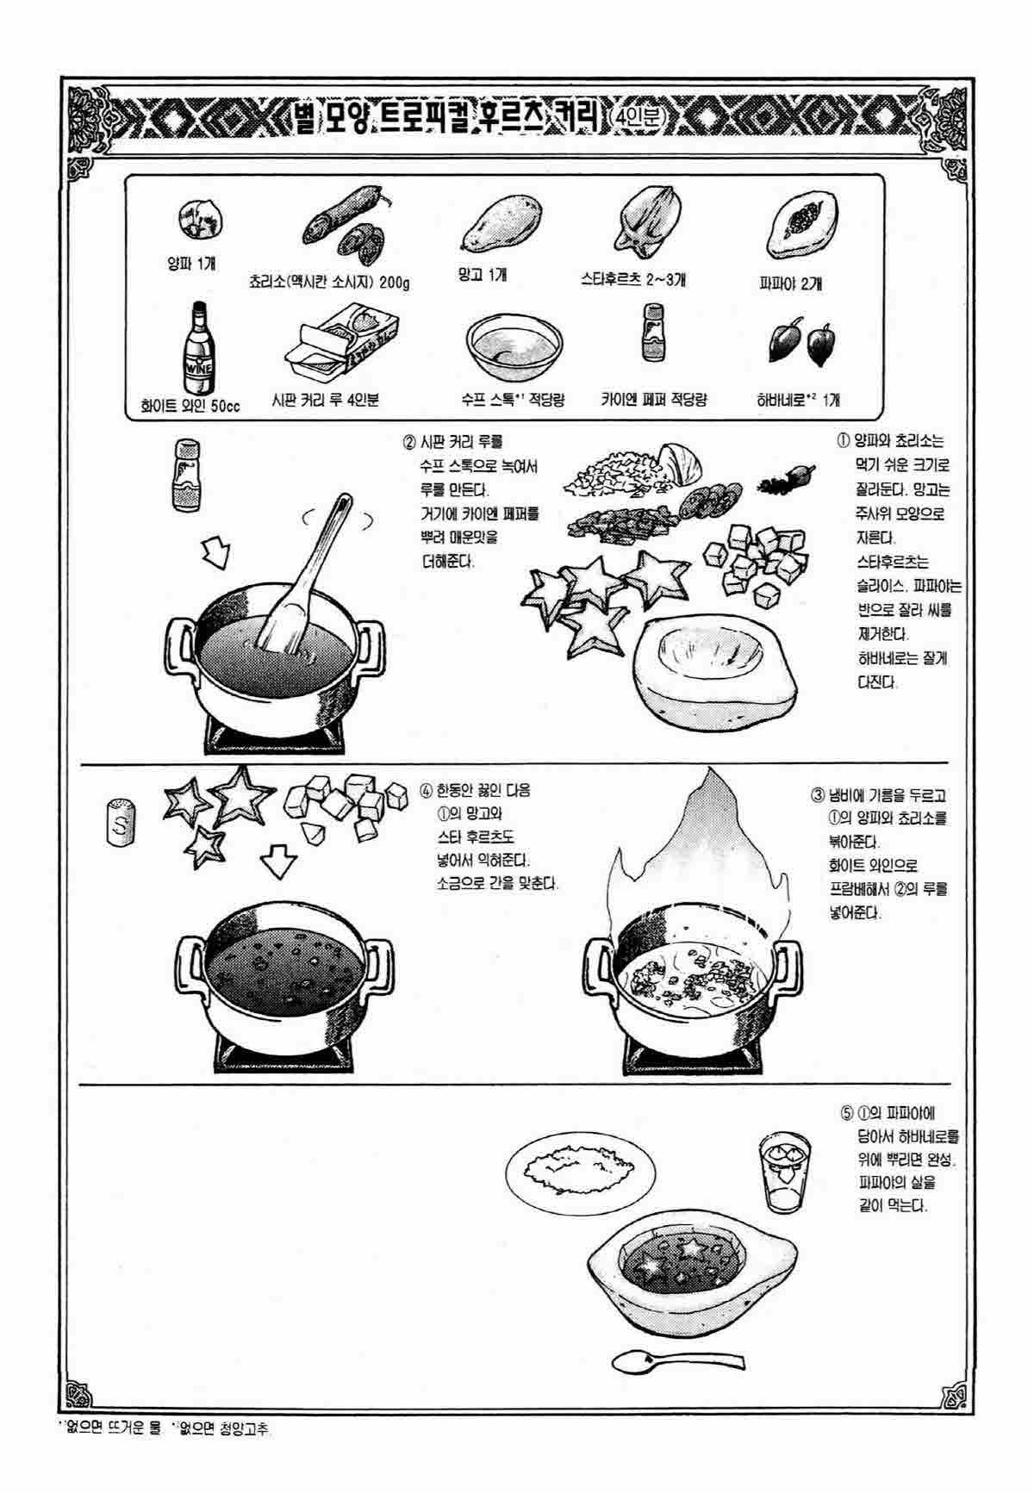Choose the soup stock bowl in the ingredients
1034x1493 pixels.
tap(510, 348)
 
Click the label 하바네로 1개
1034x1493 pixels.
tap(799, 400)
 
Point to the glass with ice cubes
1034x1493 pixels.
tap(782, 1173)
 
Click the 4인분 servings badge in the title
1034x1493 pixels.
tap(637, 116)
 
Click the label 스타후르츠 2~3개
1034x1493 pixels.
tap(634, 280)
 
